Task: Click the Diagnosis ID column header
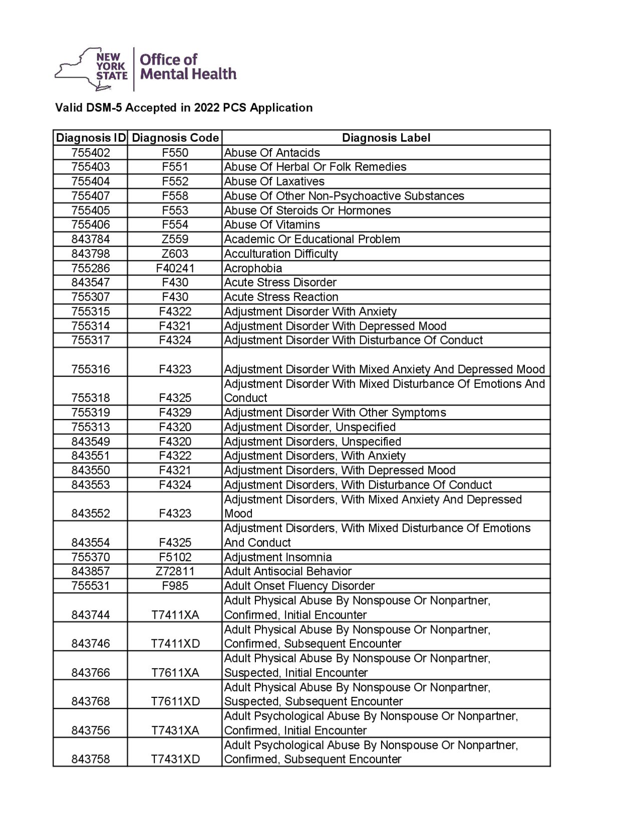[91, 138]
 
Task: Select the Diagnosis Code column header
[175, 138]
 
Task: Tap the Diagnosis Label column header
[386, 138]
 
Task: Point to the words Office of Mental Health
[188, 67]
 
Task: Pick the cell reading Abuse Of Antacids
[272, 153]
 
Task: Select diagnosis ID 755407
[91, 196]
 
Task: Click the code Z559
[175, 239]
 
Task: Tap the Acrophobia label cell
[253, 268]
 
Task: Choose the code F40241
[175, 268]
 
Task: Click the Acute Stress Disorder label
[280, 282]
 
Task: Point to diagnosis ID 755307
[91, 297]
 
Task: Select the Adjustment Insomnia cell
[278, 557]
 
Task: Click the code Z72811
[175, 571]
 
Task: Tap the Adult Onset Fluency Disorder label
[299, 586]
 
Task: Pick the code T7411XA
[175, 615]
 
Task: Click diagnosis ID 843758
[91, 759]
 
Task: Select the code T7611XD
[175, 701]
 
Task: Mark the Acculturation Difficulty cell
[281, 254]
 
